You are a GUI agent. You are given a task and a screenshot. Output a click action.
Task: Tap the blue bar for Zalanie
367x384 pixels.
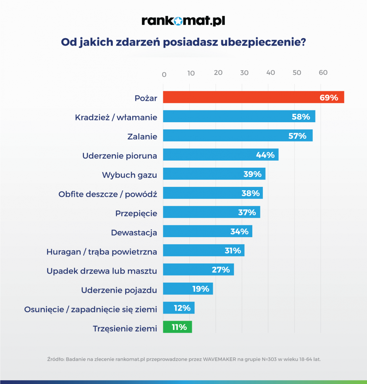pyautogui.click(x=224, y=135)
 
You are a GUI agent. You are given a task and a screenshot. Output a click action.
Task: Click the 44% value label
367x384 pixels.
pyautogui.click(x=265, y=155)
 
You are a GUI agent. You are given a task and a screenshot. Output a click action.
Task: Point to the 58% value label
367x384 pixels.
pyautogui.click(x=301, y=117)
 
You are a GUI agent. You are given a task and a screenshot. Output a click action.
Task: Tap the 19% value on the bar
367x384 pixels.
pyautogui.click(x=201, y=289)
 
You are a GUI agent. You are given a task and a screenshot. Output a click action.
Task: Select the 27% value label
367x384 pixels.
pyautogui.click(x=221, y=270)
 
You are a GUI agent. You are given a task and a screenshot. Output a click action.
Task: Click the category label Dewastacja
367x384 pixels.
pyautogui.click(x=134, y=233)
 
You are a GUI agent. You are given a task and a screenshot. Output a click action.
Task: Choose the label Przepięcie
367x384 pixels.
pyautogui.click(x=136, y=213)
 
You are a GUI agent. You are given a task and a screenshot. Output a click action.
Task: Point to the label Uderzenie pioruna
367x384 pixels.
pyautogui.click(x=120, y=156)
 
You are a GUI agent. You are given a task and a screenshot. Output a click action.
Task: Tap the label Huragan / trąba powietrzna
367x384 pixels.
pyautogui.click(x=102, y=252)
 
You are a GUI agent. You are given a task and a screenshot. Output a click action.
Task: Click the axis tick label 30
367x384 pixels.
pyautogui.click(x=244, y=73)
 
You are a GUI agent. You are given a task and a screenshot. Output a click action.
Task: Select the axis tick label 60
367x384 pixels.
pyautogui.click(x=323, y=73)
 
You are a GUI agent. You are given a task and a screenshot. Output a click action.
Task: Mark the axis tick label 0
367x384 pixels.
pyautogui.click(x=164, y=75)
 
